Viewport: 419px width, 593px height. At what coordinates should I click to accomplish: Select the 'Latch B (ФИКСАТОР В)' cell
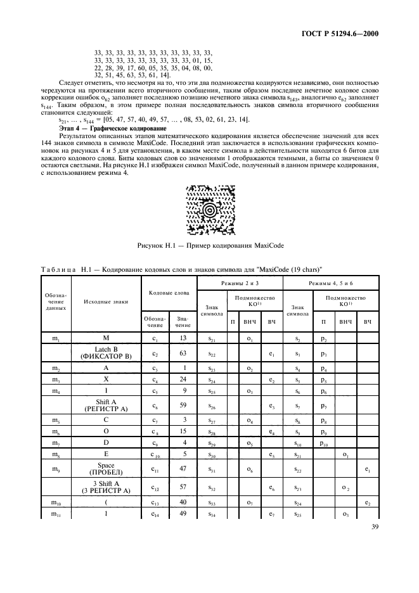pos(106,352)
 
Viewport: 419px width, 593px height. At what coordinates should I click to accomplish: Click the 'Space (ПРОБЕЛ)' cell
pos(106,469)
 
